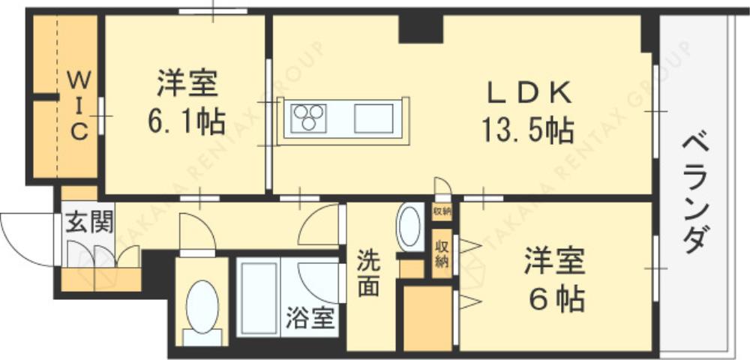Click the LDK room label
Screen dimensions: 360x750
coord(530,94)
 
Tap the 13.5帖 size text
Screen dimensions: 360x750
coord(528,131)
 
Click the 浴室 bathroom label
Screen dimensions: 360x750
coord(309,318)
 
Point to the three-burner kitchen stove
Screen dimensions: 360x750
coord(310,118)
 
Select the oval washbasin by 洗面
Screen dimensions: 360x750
coord(410,227)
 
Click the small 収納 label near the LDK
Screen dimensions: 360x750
coord(442,211)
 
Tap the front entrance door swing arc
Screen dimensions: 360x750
coord(26,235)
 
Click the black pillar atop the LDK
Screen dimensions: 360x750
coord(421,29)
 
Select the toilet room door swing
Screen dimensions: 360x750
coord(196,232)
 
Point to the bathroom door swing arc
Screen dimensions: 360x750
coord(319,281)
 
